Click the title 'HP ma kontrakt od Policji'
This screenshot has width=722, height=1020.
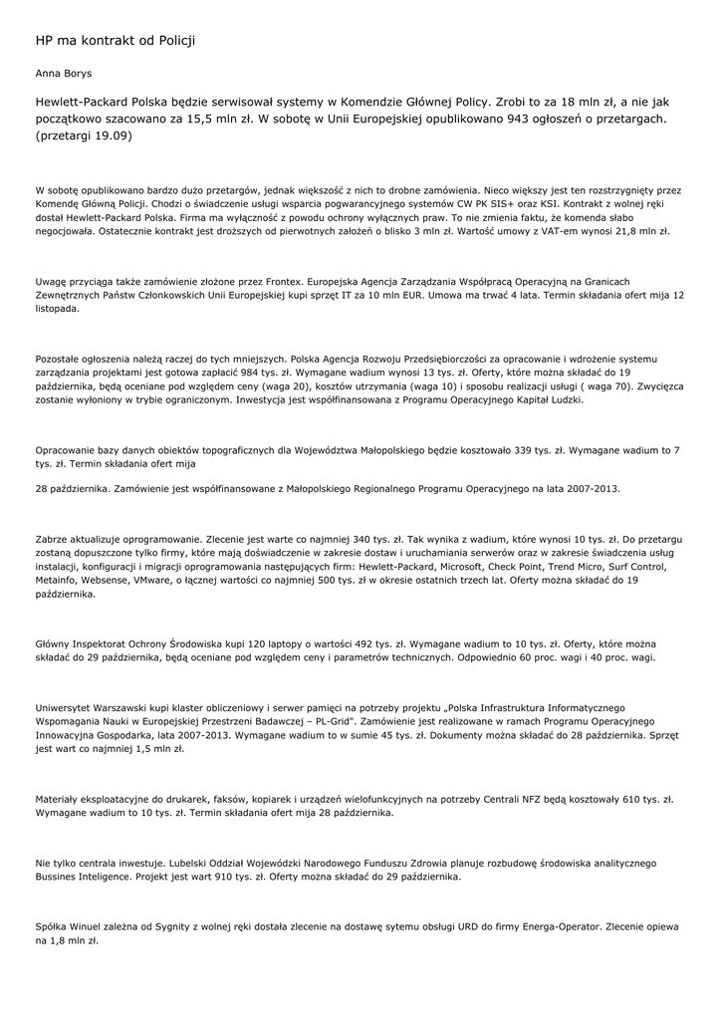click(115, 40)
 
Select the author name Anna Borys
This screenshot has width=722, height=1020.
click(64, 73)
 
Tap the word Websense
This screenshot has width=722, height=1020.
click(131, 580)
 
